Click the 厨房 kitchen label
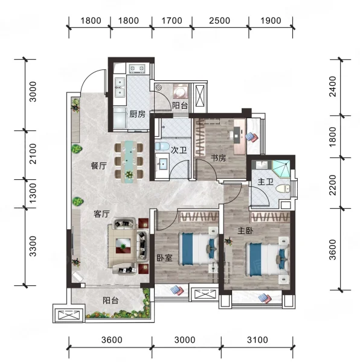pos(137,114)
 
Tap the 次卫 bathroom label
pos(179,150)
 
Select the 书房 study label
pos(218,158)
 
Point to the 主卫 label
pos(266,182)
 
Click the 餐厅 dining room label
pos(98,166)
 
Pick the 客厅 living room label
pos(101,214)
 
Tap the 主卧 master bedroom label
pos(245,230)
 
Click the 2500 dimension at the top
pos(219,21)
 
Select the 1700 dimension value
pos(172,21)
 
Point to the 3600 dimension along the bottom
pos(112,340)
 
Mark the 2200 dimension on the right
pos(333,185)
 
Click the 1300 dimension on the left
pos(33,193)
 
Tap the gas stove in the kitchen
pos(137,68)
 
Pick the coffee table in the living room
pos(123,246)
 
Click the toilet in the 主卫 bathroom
pos(282,188)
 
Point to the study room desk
pos(240,136)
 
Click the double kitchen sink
pos(120,87)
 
